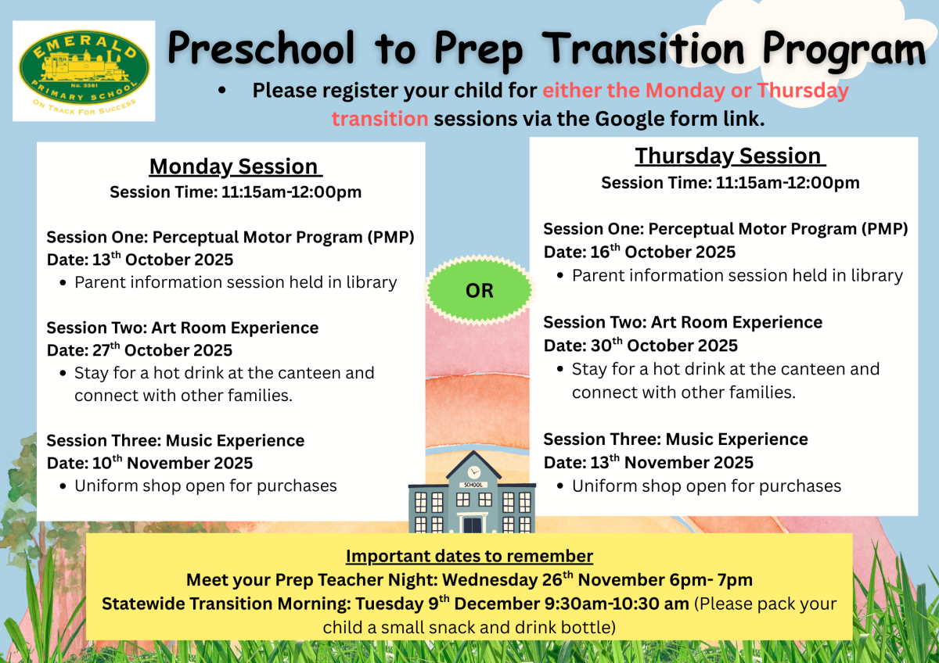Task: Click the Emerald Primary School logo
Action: pos(84,72)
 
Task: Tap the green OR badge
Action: pos(479,291)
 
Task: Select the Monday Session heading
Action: pos(235,167)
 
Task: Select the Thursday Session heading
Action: pos(729,156)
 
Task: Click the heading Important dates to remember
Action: pos(469,557)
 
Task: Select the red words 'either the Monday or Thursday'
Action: pos(696,91)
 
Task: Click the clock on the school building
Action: pos(473,472)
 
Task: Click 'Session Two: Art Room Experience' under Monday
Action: pos(182,328)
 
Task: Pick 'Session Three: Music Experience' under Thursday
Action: pos(675,439)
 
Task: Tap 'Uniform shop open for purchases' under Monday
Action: pos(205,486)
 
